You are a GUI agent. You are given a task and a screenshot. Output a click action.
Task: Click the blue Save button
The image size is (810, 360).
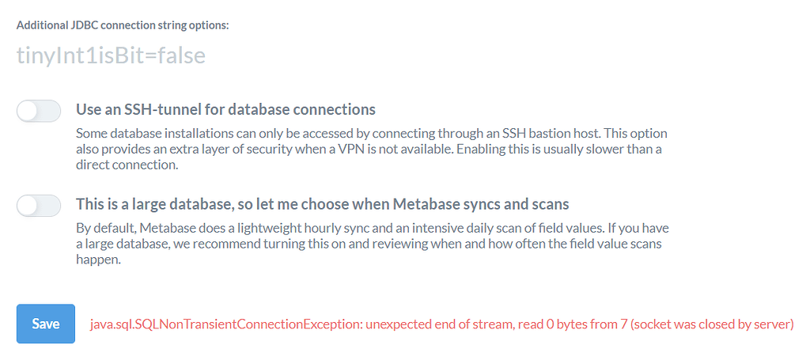46,324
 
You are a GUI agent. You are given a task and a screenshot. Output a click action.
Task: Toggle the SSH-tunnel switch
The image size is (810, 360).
39,112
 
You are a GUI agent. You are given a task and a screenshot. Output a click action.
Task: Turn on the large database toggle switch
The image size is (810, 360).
39,206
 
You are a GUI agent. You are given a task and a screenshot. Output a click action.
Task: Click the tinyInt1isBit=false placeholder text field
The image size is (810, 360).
111,55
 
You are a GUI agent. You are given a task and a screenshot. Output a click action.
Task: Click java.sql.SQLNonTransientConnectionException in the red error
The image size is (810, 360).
225,324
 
